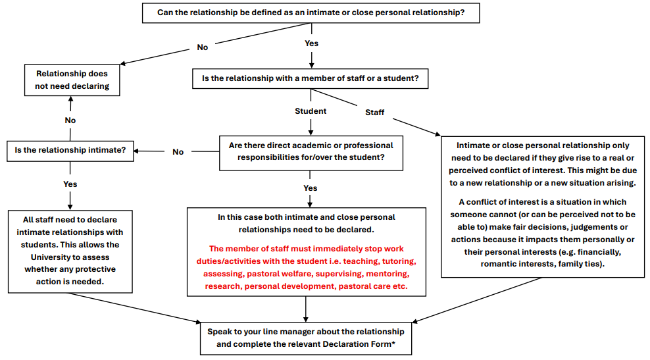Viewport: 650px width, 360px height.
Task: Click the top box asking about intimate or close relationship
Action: (x=311, y=13)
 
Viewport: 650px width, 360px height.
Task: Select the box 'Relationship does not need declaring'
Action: (x=72, y=80)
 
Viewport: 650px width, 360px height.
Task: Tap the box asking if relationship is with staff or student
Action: (x=311, y=78)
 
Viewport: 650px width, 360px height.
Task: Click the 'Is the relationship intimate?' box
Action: (x=70, y=149)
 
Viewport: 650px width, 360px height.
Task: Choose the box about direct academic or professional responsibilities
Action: (x=311, y=151)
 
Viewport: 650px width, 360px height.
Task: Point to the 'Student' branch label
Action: (x=311, y=111)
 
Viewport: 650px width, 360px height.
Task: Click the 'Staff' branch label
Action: (x=375, y=113)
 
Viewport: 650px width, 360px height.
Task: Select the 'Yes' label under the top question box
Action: (x=312, y=43)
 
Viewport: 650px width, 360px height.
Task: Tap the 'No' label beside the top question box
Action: (x=203, y=47)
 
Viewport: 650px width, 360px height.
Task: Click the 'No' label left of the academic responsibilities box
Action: (x=178, y=152)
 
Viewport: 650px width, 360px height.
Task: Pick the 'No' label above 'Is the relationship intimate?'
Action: (x=70, y=120)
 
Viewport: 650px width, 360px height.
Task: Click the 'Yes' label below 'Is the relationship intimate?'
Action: (x=70, y=184)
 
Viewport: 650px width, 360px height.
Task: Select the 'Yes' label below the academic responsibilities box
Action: (x=311, y=188)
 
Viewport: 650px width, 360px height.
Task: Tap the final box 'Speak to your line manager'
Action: (x=306, y=337)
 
